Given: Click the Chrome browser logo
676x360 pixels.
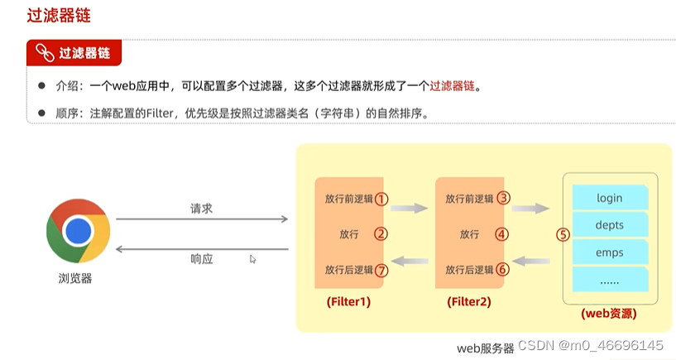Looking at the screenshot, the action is [x=79, y=229].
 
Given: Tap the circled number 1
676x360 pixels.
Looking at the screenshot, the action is [x=381, y=199].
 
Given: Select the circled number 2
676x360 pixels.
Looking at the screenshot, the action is [x=381, y=233].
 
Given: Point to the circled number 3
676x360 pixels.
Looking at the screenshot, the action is [x=502, y=199].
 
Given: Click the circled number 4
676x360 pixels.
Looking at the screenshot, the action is [x=502, y=233].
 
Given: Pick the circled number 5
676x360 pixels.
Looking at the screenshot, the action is [x=563, y=234].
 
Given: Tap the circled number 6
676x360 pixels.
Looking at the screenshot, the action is [x=502, y=269].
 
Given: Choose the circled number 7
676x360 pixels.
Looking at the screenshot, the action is [x=381, y=269].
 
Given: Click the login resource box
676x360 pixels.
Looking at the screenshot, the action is [x=610, y=198].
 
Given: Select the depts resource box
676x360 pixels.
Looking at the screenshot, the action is [x=610, y=225].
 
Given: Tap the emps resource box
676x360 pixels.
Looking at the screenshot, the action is [x=610, y=252].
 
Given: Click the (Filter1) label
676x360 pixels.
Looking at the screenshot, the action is [x=348, y=302].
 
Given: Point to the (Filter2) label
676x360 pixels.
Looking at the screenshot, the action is [x=468, y=302].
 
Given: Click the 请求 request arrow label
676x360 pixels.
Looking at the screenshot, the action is [x=201, y=209].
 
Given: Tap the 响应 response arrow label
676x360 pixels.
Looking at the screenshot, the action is [x=201, y=258].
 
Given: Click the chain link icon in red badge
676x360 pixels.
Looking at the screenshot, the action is [x=41, y=53].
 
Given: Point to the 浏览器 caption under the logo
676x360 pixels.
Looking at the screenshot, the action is [x=75, y=278].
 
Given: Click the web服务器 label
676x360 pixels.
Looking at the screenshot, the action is [x=486, y=348].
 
